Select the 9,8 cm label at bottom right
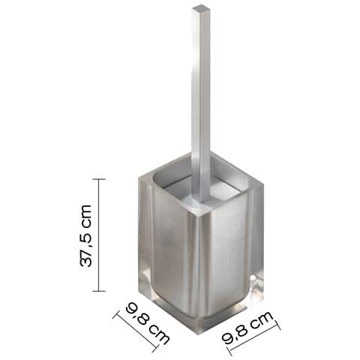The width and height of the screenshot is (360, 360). pyautogui.click(x=247, y=328)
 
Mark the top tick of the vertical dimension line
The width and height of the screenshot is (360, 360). pyautogui.click(x=99, y=179)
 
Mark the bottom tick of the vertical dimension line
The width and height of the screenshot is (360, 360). pyautogui.click(x=99, y=291)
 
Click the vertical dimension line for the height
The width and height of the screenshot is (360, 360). pyautogui.click(x=99, y=235)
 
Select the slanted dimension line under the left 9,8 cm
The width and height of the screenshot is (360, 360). pyautogui.click(x=135, y=331)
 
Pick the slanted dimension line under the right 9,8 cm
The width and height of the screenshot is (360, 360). pyautogui.click(x=254, y=340)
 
